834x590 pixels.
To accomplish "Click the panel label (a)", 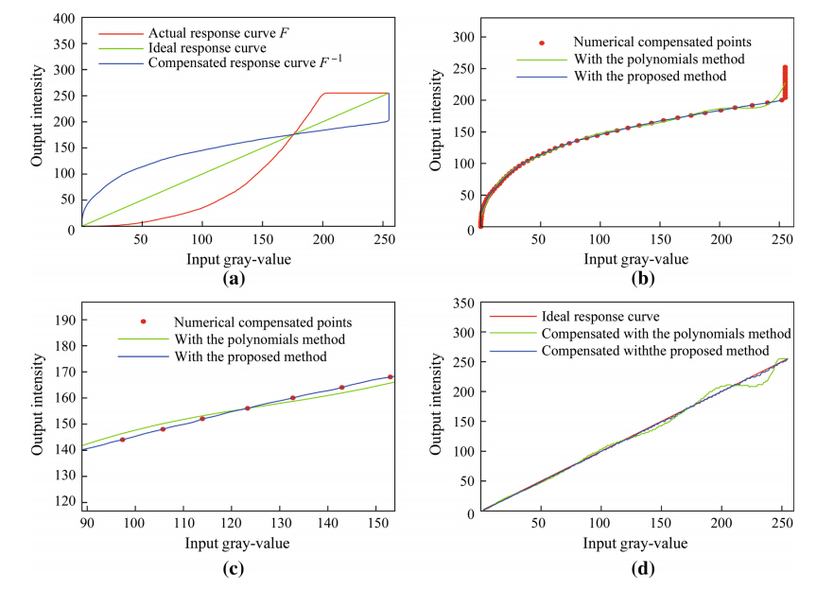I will click(x=233, y=279).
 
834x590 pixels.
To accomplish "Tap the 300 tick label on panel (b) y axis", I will click(x=461, y=37).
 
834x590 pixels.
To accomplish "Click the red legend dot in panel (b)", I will click(x=541, y=43).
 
